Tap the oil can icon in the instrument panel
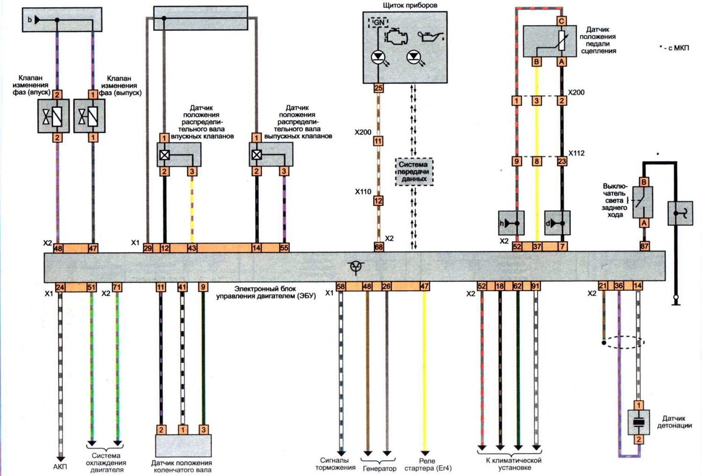[431, 36]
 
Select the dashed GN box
[378, 22]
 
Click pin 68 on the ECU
[379, 247]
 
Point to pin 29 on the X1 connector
[147, 248]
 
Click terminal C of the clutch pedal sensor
[561, 21]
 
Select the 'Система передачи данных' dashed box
[414, 172]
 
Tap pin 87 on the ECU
[644, 246]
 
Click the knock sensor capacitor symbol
[638, 422]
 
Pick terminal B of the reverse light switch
[643, 182]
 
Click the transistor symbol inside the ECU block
[356, 267]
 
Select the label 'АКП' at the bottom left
[60, 467]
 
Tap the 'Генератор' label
[380, 469]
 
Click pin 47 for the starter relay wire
[424, 286]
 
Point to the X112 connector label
[576, 153]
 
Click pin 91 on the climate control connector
[535, 286]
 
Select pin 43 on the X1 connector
[192, 248]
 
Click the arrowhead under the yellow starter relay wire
[424, 454]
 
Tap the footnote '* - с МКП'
[674, 48]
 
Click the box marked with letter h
[511, 223]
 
